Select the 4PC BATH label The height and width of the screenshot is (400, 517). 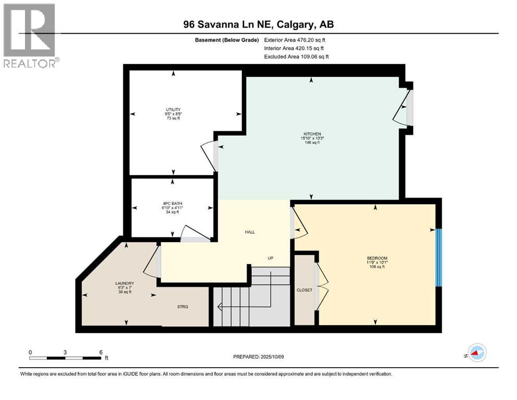172,204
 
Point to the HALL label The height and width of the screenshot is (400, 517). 250,232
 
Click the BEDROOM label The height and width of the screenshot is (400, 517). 376,259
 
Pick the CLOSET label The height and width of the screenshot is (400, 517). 304,290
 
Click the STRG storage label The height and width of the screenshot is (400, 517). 182,307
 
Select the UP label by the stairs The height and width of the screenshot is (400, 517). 270,258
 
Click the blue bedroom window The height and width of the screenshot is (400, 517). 438,257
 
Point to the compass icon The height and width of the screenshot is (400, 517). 476,353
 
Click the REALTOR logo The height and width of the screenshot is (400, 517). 30,36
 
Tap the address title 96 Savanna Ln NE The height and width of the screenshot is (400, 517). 258,24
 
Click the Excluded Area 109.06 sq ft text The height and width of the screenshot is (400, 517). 296,56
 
